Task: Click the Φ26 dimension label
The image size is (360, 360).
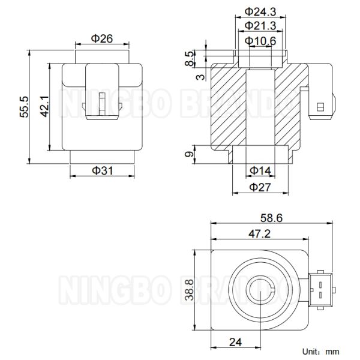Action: [103, 38]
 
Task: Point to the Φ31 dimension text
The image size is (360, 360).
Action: [103, 170]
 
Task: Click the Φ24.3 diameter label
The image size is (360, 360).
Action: [260, 11]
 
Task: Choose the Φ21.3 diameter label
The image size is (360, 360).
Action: [260, 25]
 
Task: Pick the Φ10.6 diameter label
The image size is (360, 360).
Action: [260, 40]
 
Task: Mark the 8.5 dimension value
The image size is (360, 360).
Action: [190, 58]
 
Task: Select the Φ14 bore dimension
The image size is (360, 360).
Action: [260, 170]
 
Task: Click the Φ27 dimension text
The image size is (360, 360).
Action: [260, 187]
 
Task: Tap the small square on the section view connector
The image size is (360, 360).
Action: [320, 107]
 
